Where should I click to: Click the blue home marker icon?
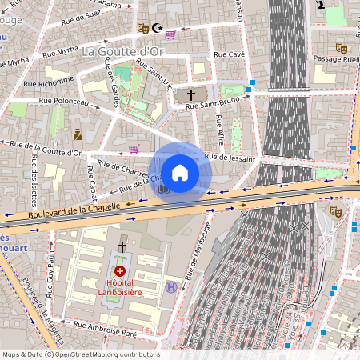[180, 172]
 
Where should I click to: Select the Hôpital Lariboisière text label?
[120, 288]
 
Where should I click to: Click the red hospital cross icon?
[120, 271]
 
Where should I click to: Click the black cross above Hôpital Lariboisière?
[122, 247]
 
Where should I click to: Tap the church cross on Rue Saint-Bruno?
[190, 94]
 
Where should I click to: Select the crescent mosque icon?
[157, 28]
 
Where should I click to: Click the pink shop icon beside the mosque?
[170, 34]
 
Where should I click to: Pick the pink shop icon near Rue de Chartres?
[134, 148]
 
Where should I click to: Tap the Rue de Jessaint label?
[230, 158]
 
